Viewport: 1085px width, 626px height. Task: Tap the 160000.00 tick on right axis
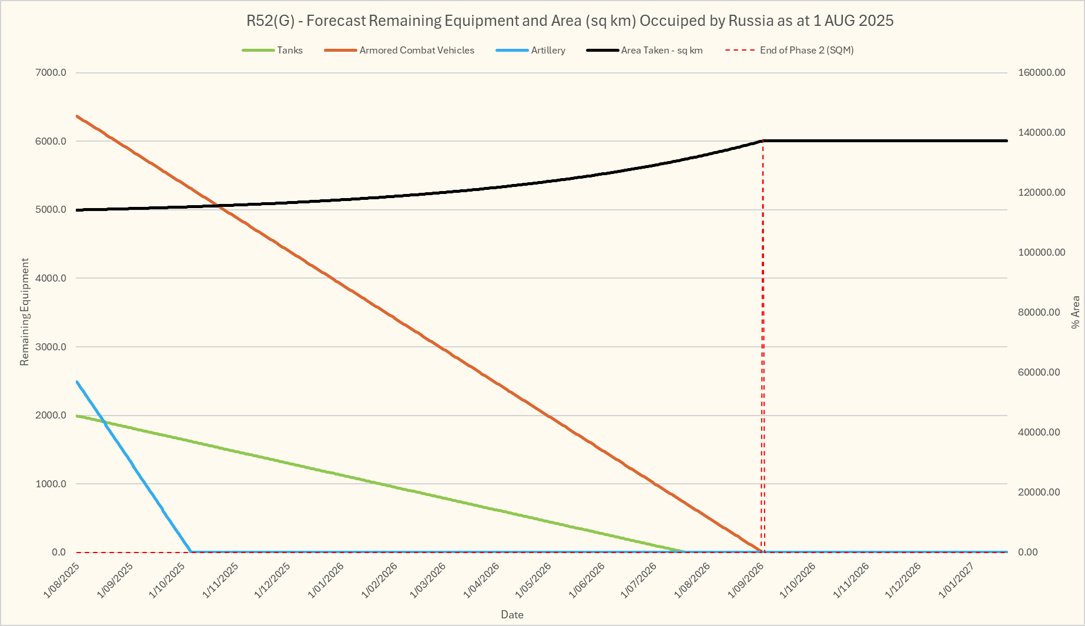tap(1041, 73)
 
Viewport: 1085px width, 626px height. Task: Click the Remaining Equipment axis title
tap(25, 312)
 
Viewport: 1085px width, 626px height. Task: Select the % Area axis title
tap(1075, 312)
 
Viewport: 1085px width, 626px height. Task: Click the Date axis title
tap(512, 615)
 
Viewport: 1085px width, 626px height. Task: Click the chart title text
tap(570, 21)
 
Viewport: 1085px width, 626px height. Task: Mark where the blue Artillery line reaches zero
tap(191, 552)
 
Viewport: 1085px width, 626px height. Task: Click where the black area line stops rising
tap(763, 141)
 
